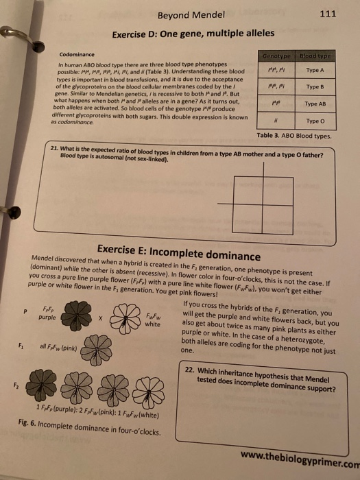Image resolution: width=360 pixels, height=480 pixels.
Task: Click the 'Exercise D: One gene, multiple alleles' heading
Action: pos(193,34)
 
